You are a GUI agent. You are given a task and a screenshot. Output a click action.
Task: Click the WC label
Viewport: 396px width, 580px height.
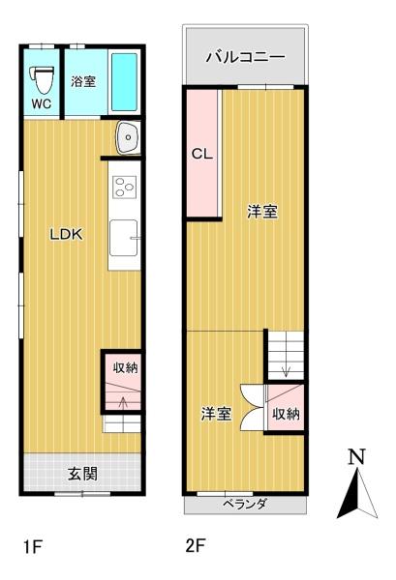coord(41,102)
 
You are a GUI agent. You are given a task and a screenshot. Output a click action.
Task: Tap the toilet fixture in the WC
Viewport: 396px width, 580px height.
coord(41,76)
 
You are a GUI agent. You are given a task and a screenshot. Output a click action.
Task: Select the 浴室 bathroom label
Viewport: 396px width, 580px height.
coord(83,82)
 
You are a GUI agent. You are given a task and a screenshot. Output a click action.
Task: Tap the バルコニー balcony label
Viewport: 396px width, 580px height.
coord(246,57)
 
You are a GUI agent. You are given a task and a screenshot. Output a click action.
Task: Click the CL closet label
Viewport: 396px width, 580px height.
coord(201,153)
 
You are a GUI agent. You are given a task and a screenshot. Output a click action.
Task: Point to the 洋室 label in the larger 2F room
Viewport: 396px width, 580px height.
coord(261,212)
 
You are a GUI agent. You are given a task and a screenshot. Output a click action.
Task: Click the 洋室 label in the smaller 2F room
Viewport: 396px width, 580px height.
coord(216,414)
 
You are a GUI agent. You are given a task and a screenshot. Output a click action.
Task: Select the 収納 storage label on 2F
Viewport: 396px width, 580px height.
coord(286,414)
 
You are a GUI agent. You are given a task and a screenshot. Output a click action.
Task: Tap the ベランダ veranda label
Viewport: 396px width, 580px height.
coord(245,505)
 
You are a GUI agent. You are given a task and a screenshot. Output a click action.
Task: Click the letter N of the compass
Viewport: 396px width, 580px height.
coord(356,456)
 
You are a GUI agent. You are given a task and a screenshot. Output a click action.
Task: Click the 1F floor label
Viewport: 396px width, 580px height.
coord(33,547)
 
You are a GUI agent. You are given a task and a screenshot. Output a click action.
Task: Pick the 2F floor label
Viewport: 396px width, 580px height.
coord(197,546)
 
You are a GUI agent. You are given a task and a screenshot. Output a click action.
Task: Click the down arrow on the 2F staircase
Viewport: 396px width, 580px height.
coord(285,371)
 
